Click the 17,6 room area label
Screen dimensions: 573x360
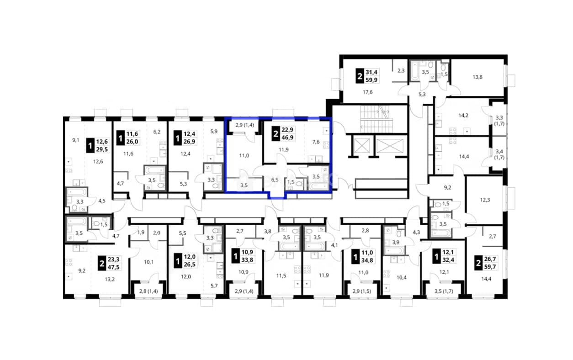pyautogui.click(x=367, y=92)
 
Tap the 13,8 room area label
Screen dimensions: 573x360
pyautogui.click(x=477, y=77)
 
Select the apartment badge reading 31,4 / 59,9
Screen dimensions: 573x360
pyautogui.click(x=367, y=76)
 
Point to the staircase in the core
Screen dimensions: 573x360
pyautogui.click(x=376, y=119)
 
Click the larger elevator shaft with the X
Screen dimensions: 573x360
pyautogui.click(x=390, y=146)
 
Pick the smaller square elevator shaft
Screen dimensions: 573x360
pyautogui.click(x=362, y=146)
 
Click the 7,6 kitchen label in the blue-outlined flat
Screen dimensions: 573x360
pyautogui.click(x=316, y=142)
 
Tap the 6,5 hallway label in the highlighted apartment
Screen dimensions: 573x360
pyautogui.click(x=275, y=180)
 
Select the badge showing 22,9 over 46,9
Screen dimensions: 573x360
pyautogui.click(x=283, y=133)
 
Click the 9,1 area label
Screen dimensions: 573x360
pyautogui.click(x=76, y=140)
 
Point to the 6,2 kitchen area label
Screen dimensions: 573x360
pyautogui.click(x=157, y=132)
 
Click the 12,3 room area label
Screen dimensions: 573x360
pyautogui.click(x=485, y=200)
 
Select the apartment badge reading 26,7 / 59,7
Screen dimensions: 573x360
pyautogui.click(x=486, y=263)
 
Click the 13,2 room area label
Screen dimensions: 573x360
pyautogui.click(x=110, y=279)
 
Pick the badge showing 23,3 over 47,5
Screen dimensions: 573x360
pyautogui.click(x=109, y=263)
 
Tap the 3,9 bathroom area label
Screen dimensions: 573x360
pyautogui.click(x=396, y=243)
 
